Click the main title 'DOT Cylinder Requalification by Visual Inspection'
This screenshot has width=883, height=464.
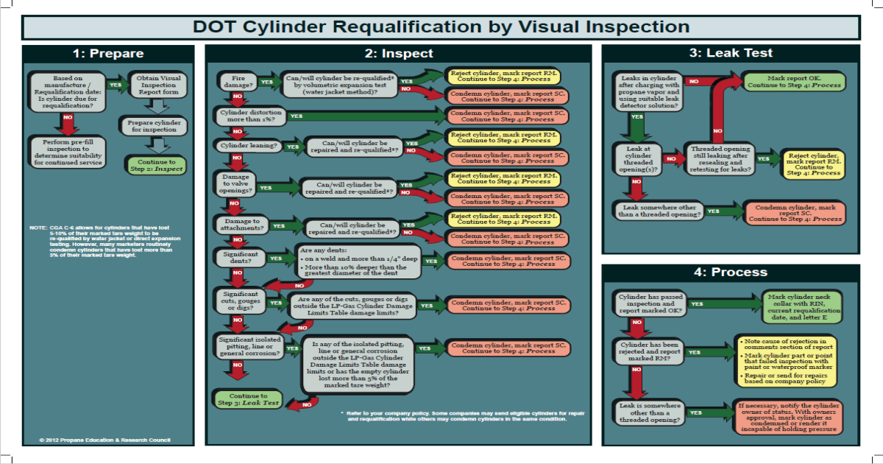coord(441,27)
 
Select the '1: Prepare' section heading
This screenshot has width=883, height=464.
coord(108,54)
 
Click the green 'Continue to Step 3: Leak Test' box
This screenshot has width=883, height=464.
coord(247,399)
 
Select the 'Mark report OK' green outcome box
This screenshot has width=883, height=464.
coord(795,81)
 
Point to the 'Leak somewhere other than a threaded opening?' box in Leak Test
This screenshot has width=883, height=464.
coord(657,211)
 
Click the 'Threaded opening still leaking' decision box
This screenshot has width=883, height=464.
coord(718,158)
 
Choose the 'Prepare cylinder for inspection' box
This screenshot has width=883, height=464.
coord(153,125)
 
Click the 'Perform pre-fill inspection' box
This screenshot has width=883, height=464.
coord(67,150)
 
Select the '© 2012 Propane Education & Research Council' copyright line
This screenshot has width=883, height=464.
coord(104,440)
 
